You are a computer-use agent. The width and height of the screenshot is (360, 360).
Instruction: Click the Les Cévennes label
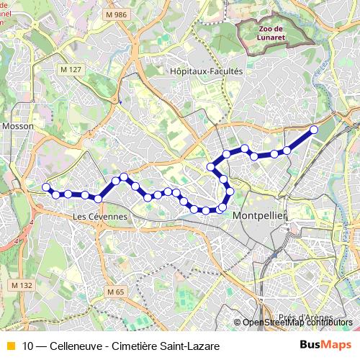(100, 216)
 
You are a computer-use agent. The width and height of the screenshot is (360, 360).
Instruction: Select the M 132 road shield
(22, 286)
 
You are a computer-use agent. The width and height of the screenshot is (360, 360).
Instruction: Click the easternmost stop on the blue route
(314, 130)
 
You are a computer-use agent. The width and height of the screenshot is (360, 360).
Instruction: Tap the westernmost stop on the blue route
(46, 187)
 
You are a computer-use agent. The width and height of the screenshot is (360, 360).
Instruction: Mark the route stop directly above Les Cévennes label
(98, 198)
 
